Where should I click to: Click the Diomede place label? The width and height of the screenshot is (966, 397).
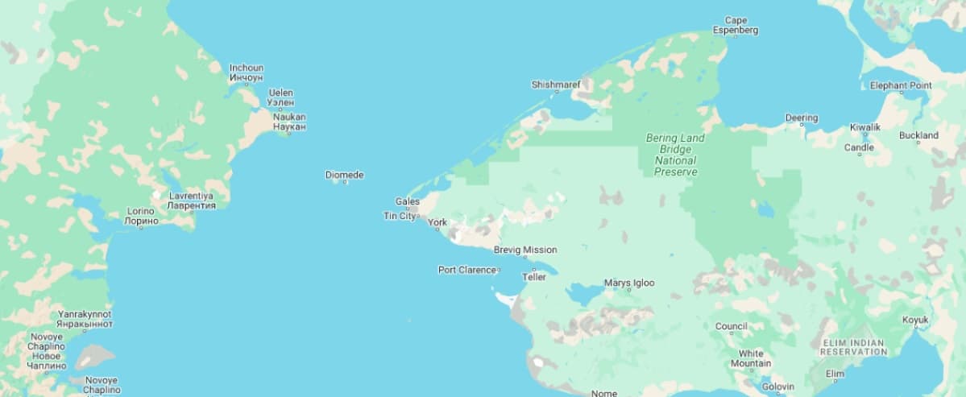344,175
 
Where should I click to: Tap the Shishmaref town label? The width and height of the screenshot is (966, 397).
556,85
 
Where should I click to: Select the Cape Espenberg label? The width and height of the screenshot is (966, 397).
736,26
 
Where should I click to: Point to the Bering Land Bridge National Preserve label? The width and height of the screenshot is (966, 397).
675,155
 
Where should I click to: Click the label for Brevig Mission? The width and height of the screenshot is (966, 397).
525,250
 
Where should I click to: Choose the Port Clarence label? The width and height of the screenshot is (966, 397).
466,270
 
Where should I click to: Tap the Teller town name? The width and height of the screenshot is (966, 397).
534,277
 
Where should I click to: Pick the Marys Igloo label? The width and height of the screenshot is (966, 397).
629,283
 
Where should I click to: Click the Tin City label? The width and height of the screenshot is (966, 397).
400,216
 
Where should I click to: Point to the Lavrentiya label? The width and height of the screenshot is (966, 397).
191,201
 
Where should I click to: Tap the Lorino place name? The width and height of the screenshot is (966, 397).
141,216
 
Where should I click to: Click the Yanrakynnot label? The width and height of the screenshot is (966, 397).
85,319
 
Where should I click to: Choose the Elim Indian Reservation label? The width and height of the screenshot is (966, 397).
853,347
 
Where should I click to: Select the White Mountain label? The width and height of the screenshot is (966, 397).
751,358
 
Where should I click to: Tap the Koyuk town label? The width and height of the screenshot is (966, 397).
915,320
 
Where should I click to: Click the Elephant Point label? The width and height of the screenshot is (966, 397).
901,85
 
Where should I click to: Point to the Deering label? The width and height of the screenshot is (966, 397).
802,118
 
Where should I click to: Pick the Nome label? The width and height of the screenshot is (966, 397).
604,393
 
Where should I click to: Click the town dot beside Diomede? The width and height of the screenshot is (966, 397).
346,182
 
